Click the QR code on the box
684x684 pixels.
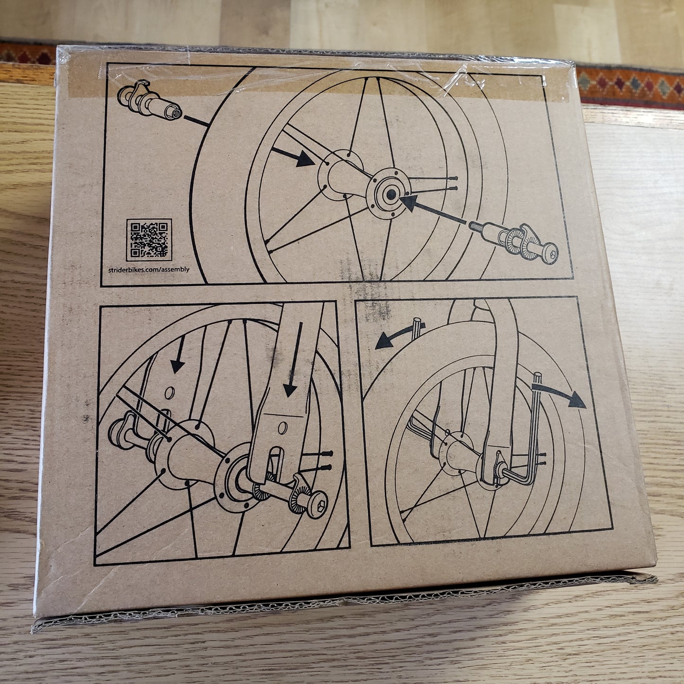coord(149,240)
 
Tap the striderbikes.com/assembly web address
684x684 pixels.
coord(149,269)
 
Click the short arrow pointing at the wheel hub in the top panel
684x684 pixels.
coord(293,157)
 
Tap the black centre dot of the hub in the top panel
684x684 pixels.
coord(391,194)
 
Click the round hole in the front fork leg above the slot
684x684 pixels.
coord(283,428)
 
